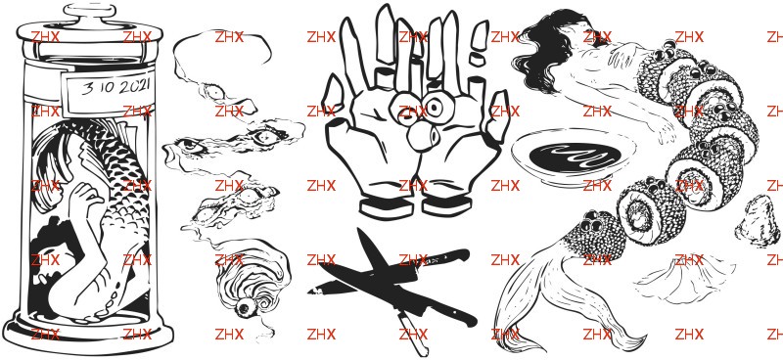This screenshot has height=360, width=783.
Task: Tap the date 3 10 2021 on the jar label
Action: pos(115,87)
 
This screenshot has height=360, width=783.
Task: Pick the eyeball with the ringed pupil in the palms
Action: pos(434,107)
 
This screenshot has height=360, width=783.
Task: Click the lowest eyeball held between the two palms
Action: pos(422,136)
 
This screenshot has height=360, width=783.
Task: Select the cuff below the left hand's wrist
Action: pos(387,207)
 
